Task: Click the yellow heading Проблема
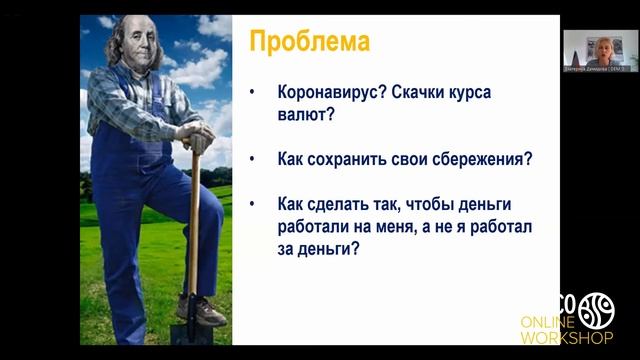pos(309,42)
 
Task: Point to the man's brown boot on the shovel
pos(206,309)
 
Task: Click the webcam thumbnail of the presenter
pos(598,47)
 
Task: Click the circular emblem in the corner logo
pos(596,309)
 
